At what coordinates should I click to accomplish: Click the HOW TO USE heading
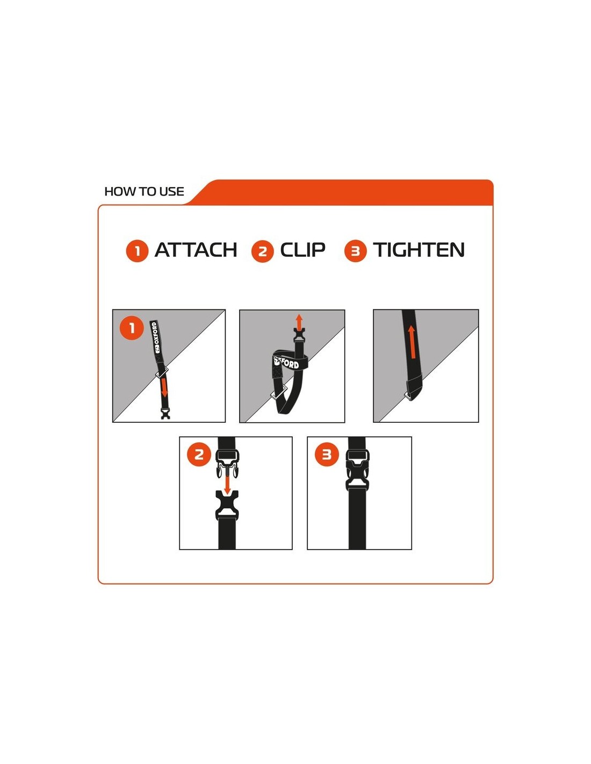tap(144, 192)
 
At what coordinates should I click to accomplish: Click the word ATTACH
tap(196, 250)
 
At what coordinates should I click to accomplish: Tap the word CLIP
tap(302, 250)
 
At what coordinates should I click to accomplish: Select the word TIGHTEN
tap(419, 250)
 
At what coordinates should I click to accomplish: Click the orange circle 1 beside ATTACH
tap(137, 251)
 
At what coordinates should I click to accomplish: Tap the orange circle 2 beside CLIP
tap(263, 251)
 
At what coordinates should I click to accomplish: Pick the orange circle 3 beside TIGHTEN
tap(356, 251)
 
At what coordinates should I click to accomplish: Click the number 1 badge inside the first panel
tap(132, 328)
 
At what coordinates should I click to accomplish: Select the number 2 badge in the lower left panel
tap(199, 455)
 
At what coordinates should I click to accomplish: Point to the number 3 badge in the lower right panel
tap(327, 455)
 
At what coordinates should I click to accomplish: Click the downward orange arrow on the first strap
tap(164, 388)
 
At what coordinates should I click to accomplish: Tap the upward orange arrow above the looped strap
tap(299, 321)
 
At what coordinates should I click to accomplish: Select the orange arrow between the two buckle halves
tap(227, 485)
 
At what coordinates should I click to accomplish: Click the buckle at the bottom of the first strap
tap(164, 414)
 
